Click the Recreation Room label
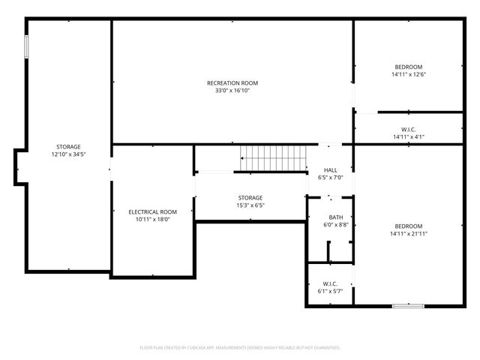(x=232, y=82)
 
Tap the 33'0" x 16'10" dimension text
(x=232, y=91)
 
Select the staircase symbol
(x=273, y=158)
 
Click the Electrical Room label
(x=152, y=212)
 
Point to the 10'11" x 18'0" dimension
(x=152, y=220)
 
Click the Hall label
(x=330, y=170)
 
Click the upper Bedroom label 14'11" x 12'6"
(x=408, y=67)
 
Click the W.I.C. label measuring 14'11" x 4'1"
(x=408, y=129)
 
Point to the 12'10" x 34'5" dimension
(x=68, y=154)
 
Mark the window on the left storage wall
(x=26, y=46)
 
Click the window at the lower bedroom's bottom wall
(x=408, y=305)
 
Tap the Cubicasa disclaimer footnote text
(x=240, y=348)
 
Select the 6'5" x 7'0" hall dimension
(x=330, y=178)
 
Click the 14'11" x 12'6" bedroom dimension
(x=408, y=75)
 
